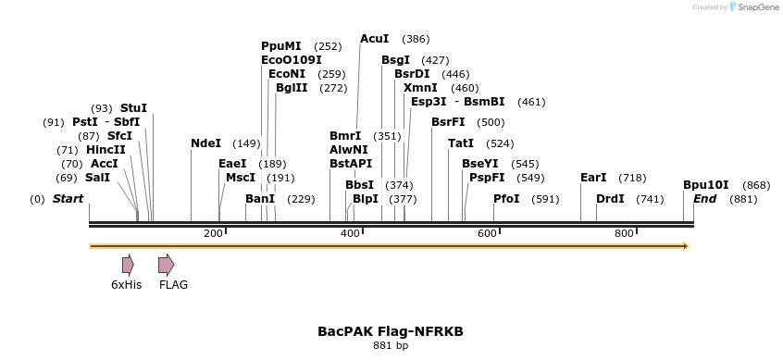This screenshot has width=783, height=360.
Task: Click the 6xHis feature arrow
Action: tap(128, 265)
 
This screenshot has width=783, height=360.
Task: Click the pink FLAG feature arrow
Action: tap(166, 265)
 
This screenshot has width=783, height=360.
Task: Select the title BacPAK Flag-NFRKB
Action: tap(391, 330)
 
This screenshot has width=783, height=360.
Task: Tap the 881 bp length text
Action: tap(391, 346)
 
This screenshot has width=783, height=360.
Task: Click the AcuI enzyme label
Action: tap(374, 39)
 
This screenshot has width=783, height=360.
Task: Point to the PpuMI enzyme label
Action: tap(280, 45)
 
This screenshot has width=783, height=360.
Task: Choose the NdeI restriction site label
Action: tap(205, 143)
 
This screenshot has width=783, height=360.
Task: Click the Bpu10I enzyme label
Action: tap(706, 184)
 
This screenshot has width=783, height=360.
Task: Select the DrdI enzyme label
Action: tap(610, 199)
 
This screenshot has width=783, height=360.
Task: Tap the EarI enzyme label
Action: tap(593, 178)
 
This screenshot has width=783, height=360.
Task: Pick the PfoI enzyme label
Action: tap(506, 199)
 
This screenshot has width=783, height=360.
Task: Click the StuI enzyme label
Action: tap(133, 108)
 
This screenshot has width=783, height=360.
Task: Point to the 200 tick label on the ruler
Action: tap(213, 233)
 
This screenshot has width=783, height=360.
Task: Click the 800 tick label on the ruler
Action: tap(624, 233)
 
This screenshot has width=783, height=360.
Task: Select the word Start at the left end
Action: tap(68, 199)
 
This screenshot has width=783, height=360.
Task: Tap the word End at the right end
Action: tap(705, 199)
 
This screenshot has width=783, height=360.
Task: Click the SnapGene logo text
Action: tap(756, 7)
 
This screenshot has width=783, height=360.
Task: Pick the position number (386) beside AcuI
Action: tap(416, 39)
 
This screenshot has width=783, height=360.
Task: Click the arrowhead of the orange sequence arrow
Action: tap(685, 246)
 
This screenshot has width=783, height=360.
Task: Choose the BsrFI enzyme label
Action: tap(448, 122)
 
